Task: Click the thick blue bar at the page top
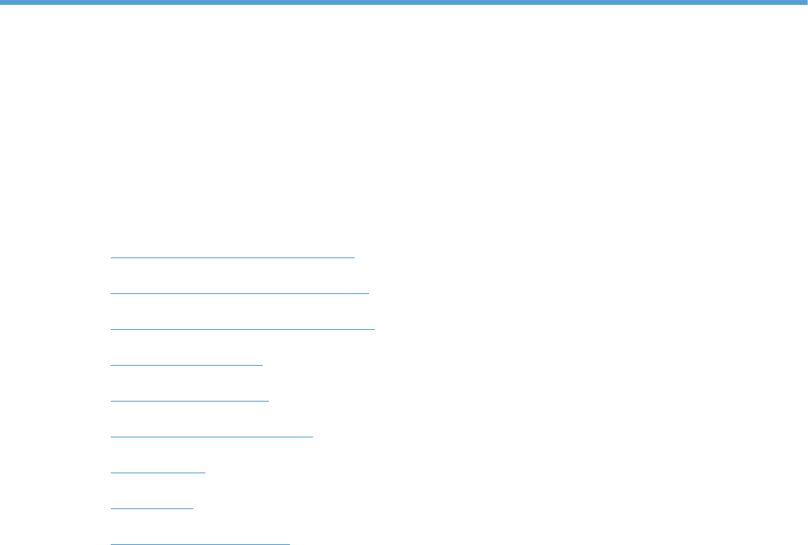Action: (404, 3)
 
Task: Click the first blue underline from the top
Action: (232, 257)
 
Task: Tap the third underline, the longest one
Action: (242, 328)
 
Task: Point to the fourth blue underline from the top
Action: (187, 364)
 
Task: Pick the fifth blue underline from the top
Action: (189, 400)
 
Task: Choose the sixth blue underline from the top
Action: (211, 436)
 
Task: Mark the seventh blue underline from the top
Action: (158, 472)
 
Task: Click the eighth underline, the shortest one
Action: (151, 507)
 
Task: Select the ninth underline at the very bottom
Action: (200, 542)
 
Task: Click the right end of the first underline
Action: (354, 257)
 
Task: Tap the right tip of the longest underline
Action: (374, 328)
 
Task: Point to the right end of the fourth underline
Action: (262, 364)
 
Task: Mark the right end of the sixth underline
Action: (312, 436)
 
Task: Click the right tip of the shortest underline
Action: (193, 507)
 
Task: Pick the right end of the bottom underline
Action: (289, 542)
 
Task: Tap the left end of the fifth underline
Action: (111, 400)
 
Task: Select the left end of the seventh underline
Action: (111, 472)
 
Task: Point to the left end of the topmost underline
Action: (111, 257)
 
